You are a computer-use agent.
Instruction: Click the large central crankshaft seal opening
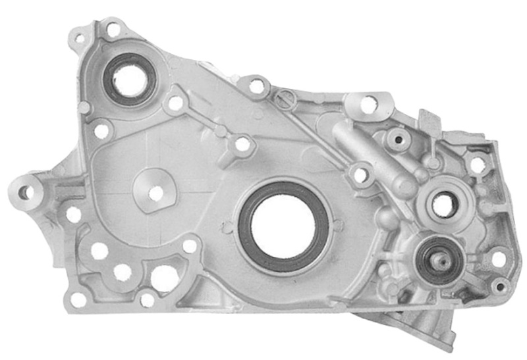[283, 225]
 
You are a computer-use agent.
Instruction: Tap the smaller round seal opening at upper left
[129, 80]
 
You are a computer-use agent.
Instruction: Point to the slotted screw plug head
[285, 100]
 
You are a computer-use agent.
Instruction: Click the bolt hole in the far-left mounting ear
[24, 193]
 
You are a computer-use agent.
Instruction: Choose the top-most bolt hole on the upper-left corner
[113, 29]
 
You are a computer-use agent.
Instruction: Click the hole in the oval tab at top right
[369, 103]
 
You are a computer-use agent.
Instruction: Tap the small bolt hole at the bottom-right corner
[501, 286]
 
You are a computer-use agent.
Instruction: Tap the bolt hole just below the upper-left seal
[102, 131]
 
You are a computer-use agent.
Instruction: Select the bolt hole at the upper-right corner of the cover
[477, 165]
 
